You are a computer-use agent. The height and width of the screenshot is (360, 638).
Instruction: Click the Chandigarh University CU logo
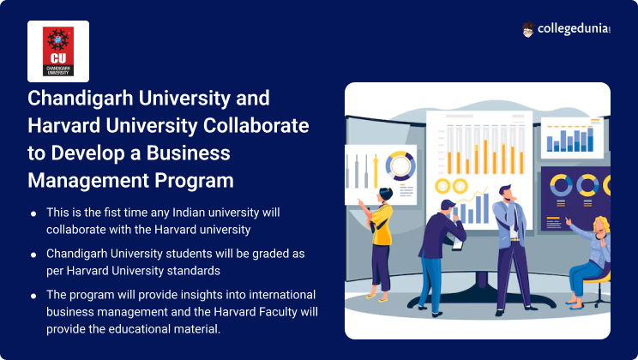tap(58, 51)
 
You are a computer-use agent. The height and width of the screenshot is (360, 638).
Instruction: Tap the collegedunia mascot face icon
tap(527, 30)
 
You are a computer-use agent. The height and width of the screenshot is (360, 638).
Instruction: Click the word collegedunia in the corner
tap(574, 29)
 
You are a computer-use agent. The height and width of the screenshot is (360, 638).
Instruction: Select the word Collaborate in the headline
tap(256, 125)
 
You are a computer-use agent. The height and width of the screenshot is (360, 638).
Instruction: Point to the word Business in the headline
tap(189, 153)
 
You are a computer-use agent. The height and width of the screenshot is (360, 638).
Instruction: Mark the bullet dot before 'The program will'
tap(33, 296)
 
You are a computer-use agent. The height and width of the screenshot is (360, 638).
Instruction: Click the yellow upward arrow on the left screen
tap(376, 171)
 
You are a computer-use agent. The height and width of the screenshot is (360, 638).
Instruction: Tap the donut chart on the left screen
tap(400, 165)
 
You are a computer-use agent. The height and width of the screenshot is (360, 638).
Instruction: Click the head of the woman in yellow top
tap(385, 195)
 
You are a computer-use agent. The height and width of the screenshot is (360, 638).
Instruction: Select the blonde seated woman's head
tap(601, 225)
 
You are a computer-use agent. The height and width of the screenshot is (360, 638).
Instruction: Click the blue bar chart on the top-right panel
tap(569, 139)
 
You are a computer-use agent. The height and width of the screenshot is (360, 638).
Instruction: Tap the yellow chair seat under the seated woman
tap(596, 279)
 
